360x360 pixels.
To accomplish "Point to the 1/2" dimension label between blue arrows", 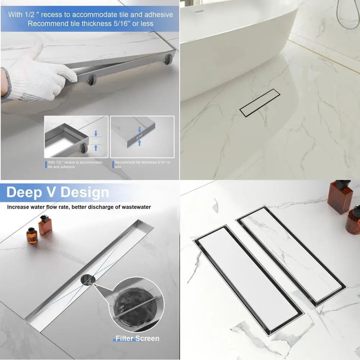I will [x=96, y=141].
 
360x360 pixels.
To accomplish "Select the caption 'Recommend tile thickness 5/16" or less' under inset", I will [x=143, y=165].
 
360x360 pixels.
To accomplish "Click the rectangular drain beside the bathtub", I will [x=260, y=102].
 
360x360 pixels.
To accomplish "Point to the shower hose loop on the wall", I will [x=344, y=18].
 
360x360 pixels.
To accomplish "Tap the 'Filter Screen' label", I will [x=137, y=338].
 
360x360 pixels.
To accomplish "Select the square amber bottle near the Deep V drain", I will [x=45, y=226].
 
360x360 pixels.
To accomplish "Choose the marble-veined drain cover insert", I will [x=292, y=254].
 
